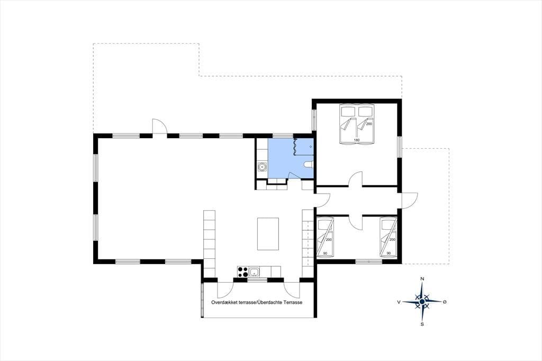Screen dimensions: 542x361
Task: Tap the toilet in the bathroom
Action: click(309, 165)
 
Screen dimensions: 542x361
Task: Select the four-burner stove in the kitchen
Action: click(242, 272)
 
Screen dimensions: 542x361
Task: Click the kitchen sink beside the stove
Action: click(254, 272)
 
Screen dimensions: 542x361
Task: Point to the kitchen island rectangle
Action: click(268, 234)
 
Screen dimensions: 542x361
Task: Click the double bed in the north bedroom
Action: click(357, 124)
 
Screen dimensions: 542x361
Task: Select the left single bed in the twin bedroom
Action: click(326, 238)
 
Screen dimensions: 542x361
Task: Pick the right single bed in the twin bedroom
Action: click(388, 238)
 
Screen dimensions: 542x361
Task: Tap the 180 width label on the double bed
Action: click(357, 140)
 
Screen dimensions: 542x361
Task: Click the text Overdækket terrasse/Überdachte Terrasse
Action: click(257, 302)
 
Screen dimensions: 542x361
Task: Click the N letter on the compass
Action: click(422, 279)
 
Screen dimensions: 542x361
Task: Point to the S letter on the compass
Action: click(422, 324)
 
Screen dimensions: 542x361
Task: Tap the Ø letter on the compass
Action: click(445, 302)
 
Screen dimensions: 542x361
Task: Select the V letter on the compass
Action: click(399, 302)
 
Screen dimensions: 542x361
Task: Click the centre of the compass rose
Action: click(422, 302)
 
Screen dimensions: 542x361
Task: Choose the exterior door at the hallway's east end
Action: click(408, 201)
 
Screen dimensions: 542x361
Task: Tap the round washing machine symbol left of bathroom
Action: click(263, 168)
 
